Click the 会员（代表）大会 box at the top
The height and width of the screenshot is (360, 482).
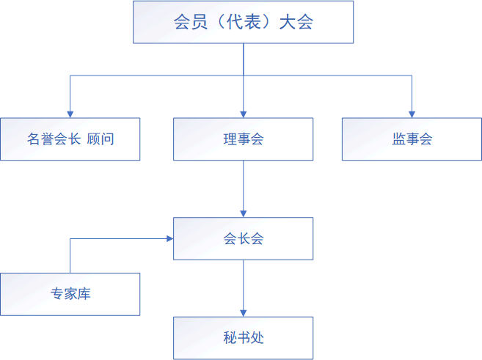pos(243,22)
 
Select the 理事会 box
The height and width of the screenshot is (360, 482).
pos(243,139)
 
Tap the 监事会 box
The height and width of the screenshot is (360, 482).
pos(412,139)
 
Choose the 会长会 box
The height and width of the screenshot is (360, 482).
pos(243,238)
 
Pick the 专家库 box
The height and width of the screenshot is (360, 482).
pos(70,294)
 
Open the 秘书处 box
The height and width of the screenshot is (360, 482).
pos(243,338)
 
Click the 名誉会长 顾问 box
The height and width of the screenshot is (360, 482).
pos(70,139)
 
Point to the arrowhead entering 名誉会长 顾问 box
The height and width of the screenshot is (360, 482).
pos(70,113)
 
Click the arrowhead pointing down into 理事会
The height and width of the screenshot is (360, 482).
pos(243,113)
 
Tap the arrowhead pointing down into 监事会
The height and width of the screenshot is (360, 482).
pos(412,113)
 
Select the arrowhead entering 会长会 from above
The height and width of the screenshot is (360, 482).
pos(243,213)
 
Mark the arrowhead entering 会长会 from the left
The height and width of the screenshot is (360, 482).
pos(169,238)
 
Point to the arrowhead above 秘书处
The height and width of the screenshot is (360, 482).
pos(243,312)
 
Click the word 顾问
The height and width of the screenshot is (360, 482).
pos(101,139)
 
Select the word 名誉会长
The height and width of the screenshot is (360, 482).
pos(54,139)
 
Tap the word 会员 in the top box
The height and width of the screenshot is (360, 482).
pos(187,22)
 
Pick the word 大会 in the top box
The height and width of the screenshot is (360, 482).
pos(296,22)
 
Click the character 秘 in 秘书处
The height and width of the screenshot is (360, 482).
pos(230,338)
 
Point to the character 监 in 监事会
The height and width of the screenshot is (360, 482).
pos(399,139)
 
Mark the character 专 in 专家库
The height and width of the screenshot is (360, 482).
pos(57,294)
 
